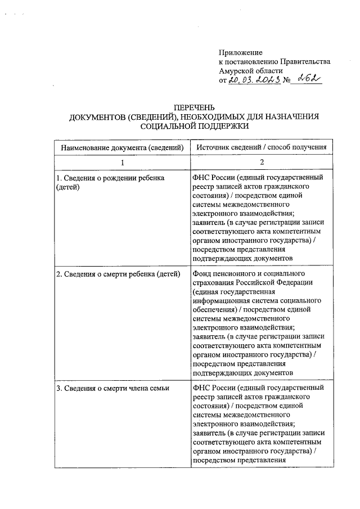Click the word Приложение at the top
(x=239, y=52)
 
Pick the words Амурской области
(x=248, y=71)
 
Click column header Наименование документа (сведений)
(x=123, y=147)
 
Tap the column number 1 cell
(x=123, y=162)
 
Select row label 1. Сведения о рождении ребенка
(x=110, y=178)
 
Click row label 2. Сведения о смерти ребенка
(x=117, y=274)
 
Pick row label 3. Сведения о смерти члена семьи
(x=112, y=388)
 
